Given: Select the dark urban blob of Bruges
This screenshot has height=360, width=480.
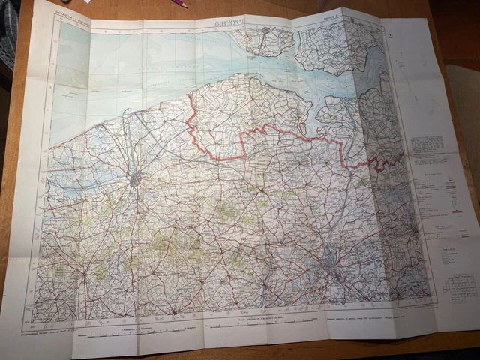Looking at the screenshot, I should click(x=135, y=179).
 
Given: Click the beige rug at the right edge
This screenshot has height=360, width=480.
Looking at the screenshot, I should click(x=465, y=112).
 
